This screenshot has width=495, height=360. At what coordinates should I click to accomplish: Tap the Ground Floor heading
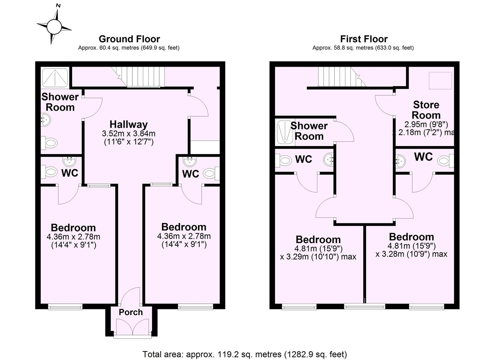[x=129, y=39]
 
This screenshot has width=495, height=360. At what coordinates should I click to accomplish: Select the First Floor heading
[x=364, y=39]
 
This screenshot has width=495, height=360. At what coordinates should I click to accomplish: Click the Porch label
[x=131, y=312]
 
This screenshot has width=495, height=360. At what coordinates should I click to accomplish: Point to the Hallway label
[x=129, y=124]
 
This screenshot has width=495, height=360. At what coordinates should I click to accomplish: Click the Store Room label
[x=426, y=110]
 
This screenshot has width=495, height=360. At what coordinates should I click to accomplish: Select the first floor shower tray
[x=285, y=132]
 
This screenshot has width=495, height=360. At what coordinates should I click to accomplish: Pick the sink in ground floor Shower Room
[x=46, y=120]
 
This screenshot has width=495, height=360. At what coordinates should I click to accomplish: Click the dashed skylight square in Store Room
[x=440, y=81]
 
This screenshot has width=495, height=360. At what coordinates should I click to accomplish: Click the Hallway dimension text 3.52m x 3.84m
[x=129, y=134]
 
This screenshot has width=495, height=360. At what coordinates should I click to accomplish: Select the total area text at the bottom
[x=245, y=354]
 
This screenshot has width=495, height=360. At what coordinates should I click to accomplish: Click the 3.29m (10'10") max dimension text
[x=318, y=257]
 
